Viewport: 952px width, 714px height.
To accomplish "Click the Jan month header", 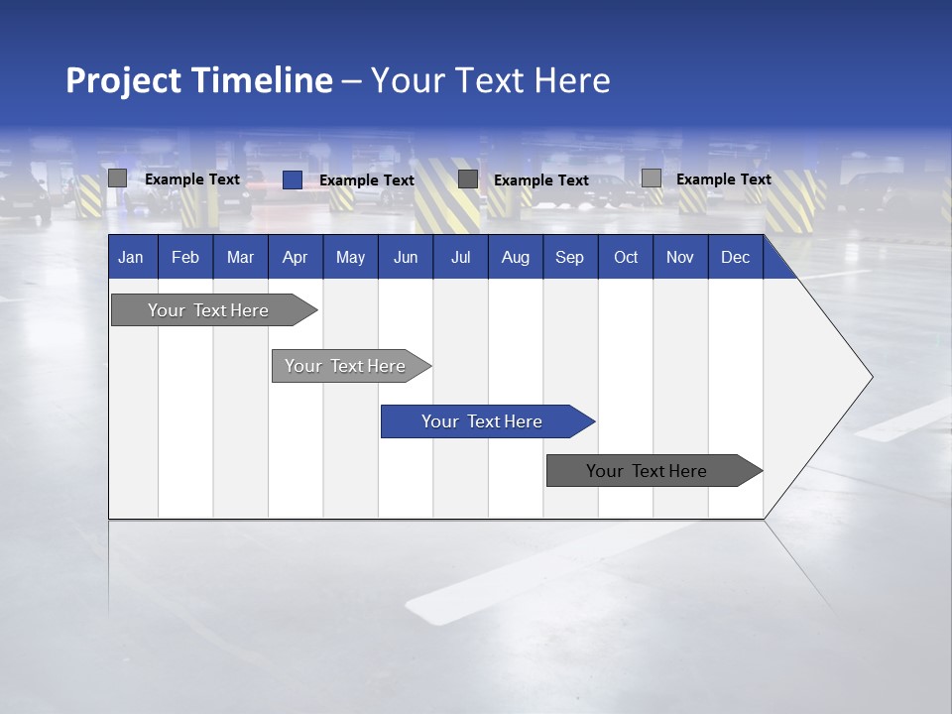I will (x=131, y=258).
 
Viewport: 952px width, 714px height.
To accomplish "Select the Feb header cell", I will (x=185, y=258).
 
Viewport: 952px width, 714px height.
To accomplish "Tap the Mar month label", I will (x=240, y=258).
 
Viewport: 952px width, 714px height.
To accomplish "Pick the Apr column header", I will (x=296, y=258).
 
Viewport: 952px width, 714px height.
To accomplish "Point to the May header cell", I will (x=350, y=258).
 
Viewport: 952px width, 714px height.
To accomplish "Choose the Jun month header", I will (x=406, y=258).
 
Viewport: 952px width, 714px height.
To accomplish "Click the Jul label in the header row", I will (x=460, y=258).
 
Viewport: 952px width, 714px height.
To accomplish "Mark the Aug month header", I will (x=516, y=258).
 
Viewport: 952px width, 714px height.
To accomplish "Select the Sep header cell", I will (x=570, y=258).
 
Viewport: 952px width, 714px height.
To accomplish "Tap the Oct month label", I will (x=626, y=258).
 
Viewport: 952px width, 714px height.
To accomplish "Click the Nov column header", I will (x=680, y=258).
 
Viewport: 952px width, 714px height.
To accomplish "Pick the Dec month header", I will (x=736, y=258).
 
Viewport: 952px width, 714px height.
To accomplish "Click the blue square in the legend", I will (x=292, y=179).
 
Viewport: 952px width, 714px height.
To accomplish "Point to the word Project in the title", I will (x=125, y=80).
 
